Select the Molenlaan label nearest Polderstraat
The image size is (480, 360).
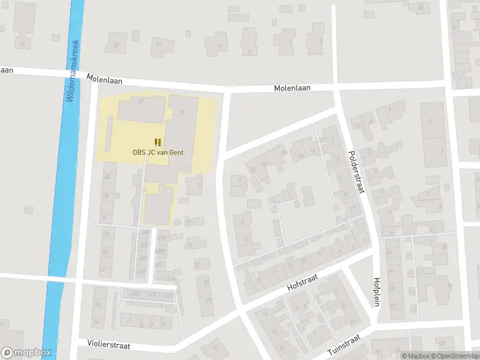coord(292,88)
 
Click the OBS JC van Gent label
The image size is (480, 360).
coord(158,152)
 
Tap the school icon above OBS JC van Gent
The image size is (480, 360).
coord(158,142)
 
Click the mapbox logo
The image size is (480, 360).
coord(26,353)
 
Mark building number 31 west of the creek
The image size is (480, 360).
coord(23,43)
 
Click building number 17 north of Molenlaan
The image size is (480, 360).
coord(159,44)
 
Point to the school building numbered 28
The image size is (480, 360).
coord(141,102)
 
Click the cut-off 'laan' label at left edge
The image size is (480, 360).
coord(7,70)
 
